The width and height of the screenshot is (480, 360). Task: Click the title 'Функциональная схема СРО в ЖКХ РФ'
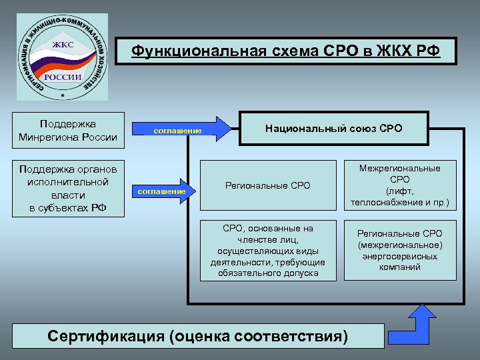pos(285,51)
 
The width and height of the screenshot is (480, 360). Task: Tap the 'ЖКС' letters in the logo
pos(63,45)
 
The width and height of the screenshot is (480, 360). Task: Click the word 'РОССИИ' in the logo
pos(63,77)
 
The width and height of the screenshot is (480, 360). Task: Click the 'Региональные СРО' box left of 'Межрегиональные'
pos(268,185)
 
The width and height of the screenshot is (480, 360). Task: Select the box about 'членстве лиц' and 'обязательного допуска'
pos(268,251)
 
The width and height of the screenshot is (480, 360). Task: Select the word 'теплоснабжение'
pos(390,202)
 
